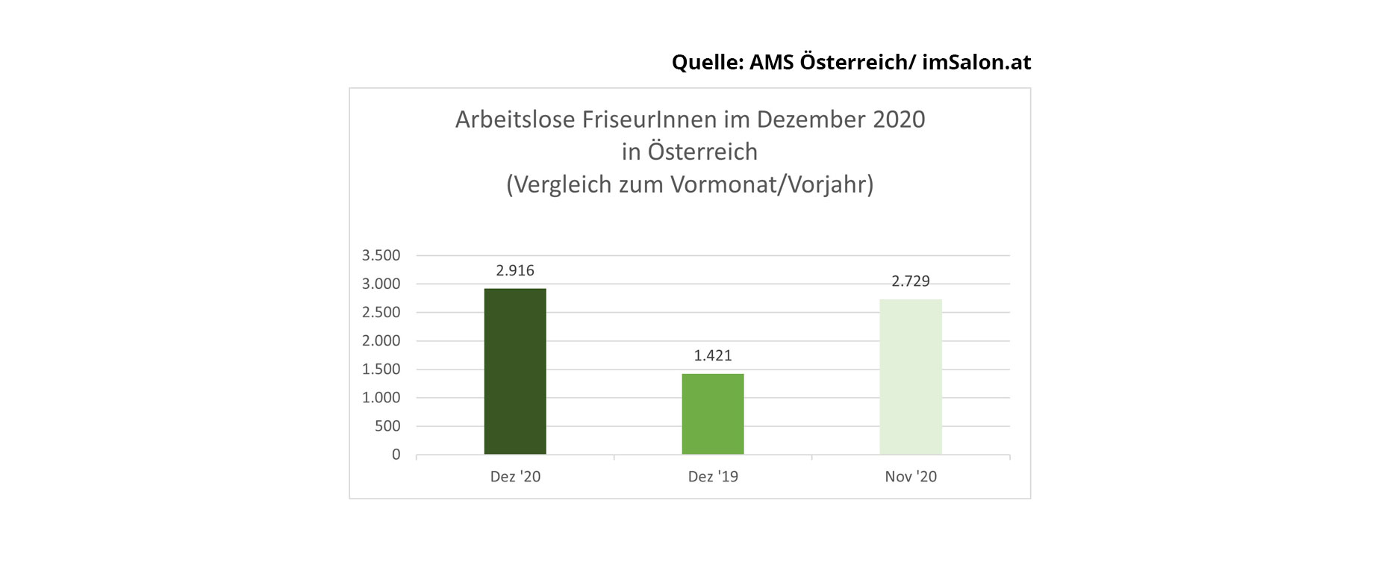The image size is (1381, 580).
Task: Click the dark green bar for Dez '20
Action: pyautogui.click(x=515, y=371)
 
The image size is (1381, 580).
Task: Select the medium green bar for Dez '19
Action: pyautogui.click(x=713, y=414)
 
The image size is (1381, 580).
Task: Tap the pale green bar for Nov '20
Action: pyautogui.click(x=911, y=376)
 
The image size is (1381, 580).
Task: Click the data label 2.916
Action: pyautogui.click(x=515, y=270)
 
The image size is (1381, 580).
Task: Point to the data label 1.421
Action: pyautogui.click(x=713, y=355)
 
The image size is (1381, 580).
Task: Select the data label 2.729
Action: pyautogui.click(x=911, y=281)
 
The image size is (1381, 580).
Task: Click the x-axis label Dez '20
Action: pyautogui.click(x=515, y=476)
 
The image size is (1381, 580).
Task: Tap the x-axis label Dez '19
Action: pyautogui.click(x=713, y=476)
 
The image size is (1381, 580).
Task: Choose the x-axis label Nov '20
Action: pyautogui.click(x=911, y=476)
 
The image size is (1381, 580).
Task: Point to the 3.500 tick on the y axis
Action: pyautogui.click(x=381, y=255)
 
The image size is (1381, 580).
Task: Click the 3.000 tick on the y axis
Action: pyautogui.click(x=381, y=284)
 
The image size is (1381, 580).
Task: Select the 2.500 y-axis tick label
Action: pyautogui.click(x=381, y=312)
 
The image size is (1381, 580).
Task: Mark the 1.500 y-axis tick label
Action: pyautogui.click(x=381, y=369)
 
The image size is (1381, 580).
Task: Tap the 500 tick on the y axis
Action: pyautogui.click(x=387, y=426)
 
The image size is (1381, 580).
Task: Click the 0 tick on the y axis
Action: pyautogui.click(x=396, y=455)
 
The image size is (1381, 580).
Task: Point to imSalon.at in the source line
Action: pyautogui.click(x=976, y=62)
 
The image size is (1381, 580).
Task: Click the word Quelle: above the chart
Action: pyautogui.click(x=708, y=62)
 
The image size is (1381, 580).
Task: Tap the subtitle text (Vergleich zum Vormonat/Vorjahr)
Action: pyautogui.click(x=690, y=184)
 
